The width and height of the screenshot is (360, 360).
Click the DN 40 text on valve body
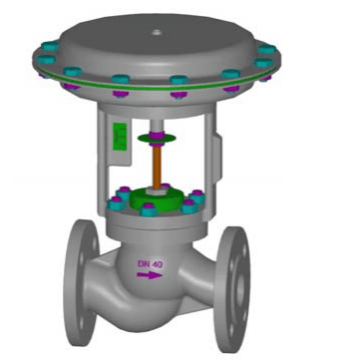point(151,264)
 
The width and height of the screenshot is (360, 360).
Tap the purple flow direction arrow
point(150,275)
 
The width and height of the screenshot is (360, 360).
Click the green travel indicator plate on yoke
point(120,137)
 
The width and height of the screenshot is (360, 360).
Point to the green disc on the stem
point(157,139)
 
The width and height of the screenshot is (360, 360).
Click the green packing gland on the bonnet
point(157,198)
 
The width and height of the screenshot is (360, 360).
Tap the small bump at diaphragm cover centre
point(157,32)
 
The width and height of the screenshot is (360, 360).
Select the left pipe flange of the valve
point(82,282)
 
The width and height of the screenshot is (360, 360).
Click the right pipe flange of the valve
point(232,289)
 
